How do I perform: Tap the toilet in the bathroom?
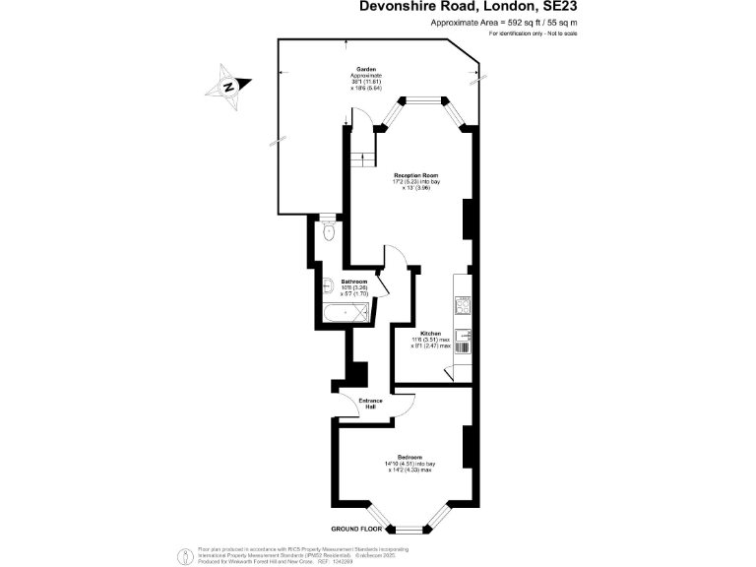pos(328,232)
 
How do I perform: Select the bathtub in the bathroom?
pos(345,313)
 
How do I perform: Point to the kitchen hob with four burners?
pos(464,306)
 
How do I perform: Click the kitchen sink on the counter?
pos(464,336)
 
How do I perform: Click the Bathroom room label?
pos(353,281)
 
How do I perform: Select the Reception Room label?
pos(409,176)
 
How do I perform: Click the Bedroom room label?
pos(409,458)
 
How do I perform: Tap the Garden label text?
pos(365,70)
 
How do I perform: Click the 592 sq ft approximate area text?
pos(503,21)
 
